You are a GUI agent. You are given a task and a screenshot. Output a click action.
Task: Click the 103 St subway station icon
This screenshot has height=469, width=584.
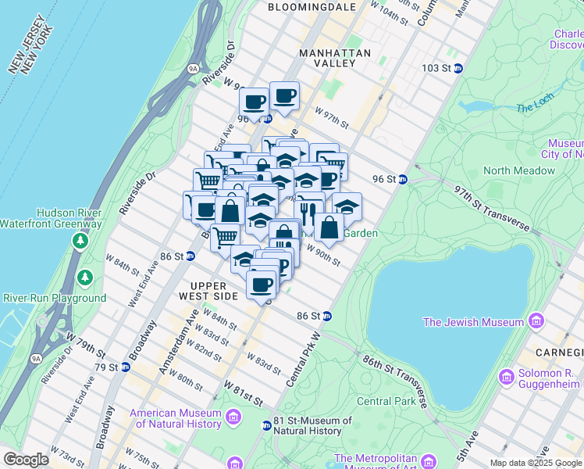tap(458, 68)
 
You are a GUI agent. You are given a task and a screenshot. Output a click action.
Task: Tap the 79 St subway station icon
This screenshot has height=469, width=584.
tap(124, 367)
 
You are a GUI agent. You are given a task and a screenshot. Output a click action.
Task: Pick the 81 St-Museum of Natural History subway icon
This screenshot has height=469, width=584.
tap(266, 426)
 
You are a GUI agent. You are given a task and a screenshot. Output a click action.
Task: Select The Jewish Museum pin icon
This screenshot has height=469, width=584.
tap(536, 321)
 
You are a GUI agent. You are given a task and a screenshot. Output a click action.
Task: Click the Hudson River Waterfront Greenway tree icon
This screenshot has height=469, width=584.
tap(80, 240)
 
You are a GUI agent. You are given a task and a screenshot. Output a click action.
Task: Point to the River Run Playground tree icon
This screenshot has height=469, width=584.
tap(84, 277)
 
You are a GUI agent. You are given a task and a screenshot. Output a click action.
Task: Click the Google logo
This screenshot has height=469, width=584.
tap(26, 460)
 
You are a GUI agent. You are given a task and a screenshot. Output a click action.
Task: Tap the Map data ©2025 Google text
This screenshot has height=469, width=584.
tap(536, 463)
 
